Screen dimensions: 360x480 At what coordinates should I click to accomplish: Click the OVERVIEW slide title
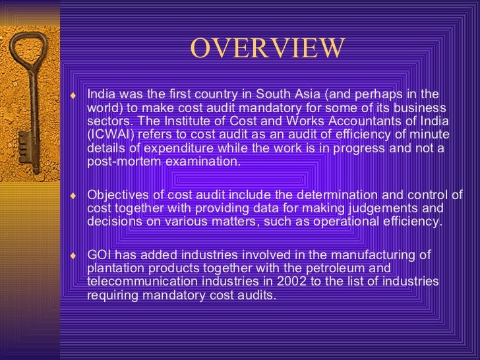click(x=267, y=47)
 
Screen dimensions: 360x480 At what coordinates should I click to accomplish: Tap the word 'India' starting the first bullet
click(x=100, y=94)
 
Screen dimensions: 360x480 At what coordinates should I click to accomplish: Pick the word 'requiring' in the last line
click(x=111, y=295)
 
